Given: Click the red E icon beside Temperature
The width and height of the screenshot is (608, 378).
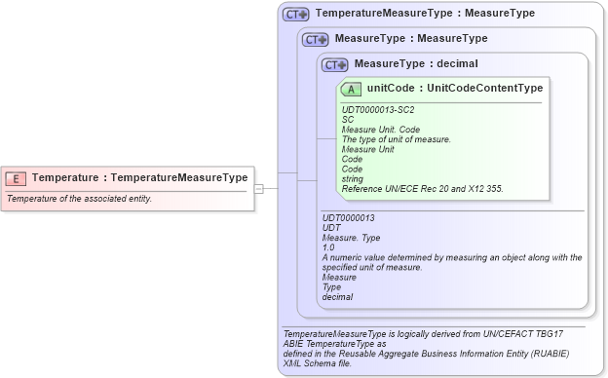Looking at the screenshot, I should coord(16,178).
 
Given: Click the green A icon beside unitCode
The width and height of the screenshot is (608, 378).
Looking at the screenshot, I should coord(351,89).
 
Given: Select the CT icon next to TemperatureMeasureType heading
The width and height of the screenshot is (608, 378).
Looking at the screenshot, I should coord(295,15).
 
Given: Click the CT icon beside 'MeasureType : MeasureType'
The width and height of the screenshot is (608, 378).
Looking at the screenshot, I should coord(315,39).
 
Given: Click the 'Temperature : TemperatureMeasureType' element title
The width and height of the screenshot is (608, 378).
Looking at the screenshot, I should coord(139,178).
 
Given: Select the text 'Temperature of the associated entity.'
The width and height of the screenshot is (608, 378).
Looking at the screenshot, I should coord(79,199).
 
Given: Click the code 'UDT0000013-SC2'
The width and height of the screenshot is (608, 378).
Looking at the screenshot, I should coord(378,109).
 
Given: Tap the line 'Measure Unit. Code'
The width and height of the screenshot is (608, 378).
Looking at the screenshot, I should coord(381,129).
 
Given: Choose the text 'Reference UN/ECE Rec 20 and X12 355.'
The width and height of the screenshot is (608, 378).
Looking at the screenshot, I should coord(422,188).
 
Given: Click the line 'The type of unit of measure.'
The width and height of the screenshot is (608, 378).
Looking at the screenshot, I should coord(396,139).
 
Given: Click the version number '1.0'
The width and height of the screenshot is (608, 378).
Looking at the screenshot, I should coord(328,247).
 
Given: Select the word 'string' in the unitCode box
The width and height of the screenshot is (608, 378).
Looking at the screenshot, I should coord(354,178).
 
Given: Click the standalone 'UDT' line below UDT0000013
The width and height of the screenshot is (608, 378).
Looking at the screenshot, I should coord(331,228).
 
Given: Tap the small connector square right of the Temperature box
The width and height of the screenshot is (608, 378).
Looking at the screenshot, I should coord(259,188).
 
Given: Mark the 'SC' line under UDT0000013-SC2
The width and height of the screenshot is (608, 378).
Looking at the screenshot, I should coord(348,119).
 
